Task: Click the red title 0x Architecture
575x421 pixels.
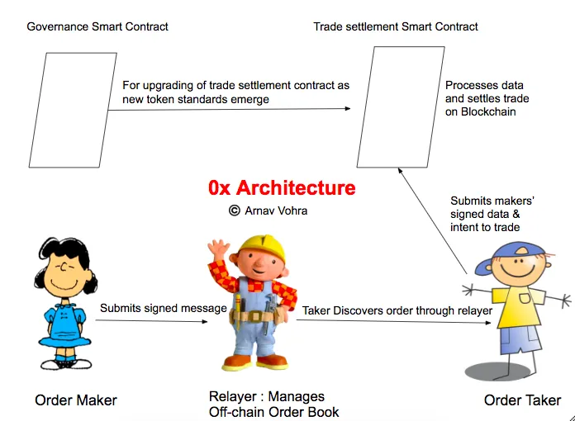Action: click(x=282, y=188)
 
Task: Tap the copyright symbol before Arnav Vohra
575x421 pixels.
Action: click(x=235, y=210)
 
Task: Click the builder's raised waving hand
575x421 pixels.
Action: click(x=219, y=248)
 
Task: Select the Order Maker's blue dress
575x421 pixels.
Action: click(x=65, y=326)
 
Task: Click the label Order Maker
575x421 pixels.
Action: click(x=76, y=400)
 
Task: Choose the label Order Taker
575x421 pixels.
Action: click(x=522, y=400)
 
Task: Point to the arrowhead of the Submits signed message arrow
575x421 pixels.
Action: click(x=205, y=322)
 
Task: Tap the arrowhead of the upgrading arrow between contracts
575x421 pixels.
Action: click(x=348, y=108)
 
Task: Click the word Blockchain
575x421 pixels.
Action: click(x=488, y=111)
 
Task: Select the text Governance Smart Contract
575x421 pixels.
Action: click(x=97, y=26)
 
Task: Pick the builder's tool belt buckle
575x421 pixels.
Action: click(x=255, y=316)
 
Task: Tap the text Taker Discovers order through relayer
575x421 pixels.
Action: click(x=397, y=310)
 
